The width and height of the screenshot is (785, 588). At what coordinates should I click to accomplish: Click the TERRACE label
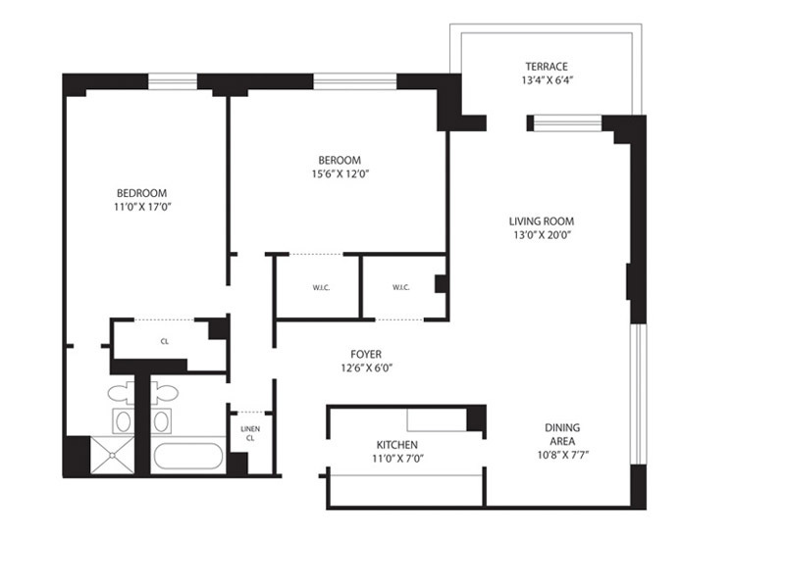[x=547, y=67]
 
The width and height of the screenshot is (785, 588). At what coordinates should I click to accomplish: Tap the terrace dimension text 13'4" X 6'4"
[x=547, y=82]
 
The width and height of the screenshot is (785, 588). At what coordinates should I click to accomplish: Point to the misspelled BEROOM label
[x=339, y=160]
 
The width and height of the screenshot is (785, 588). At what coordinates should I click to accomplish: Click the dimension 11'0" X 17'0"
[x=142, y=207]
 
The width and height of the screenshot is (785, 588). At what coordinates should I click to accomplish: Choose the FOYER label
[x=366, y=354]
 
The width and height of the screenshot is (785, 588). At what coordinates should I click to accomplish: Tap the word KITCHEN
[x=397, y=444]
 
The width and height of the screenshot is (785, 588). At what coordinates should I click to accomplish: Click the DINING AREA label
[x=562, y=434]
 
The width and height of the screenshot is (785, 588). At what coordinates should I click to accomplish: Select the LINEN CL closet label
[x=249, y=432]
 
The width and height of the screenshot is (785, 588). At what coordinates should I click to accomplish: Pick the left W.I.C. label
[x=320, y=287]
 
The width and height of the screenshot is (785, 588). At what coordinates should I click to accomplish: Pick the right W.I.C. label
[x=400, y=287]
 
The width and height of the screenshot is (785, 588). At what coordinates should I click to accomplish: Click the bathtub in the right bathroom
[x=187, y=459]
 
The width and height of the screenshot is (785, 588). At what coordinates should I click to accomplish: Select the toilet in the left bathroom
[x=122, y=393]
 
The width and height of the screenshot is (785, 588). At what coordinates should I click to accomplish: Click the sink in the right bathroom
[x=162, y=422]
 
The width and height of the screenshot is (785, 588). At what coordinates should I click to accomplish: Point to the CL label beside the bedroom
[x=165, y=342]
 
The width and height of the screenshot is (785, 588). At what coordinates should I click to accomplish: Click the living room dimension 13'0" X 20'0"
[x=541, y=235]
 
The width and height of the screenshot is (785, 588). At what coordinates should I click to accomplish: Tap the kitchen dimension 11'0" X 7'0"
[x=397, y=459]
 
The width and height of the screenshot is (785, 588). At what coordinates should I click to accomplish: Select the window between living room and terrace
[x=565, y=123]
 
